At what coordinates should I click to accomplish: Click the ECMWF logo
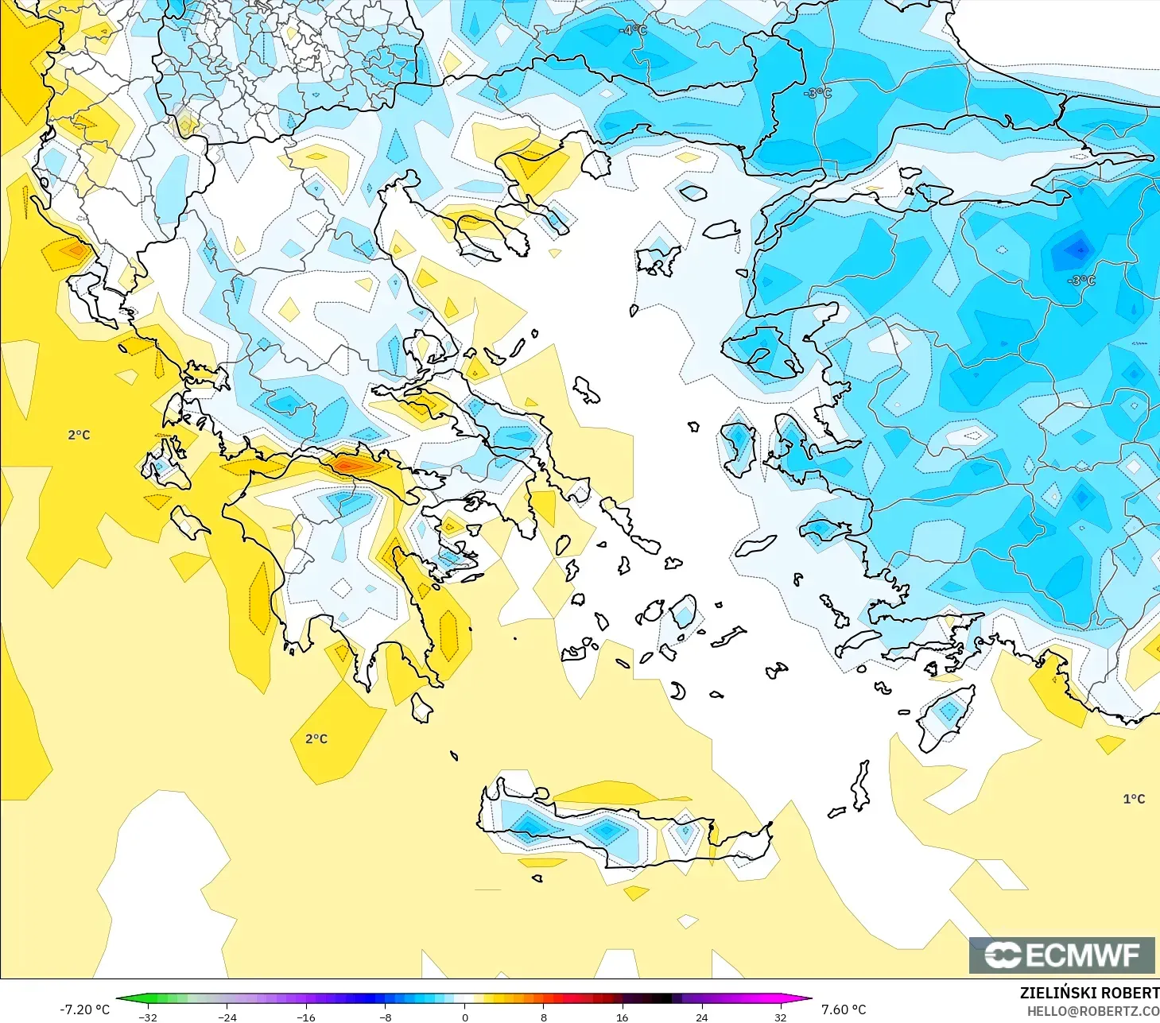point(1061,955)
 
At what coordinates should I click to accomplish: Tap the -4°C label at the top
point(633,30)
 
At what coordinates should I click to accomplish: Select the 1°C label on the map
point(1134,799)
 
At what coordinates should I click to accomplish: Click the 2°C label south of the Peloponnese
point(316,738)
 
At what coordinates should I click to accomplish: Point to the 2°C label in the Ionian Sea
point(79,435)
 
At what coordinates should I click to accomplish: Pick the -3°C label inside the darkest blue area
point(1081,281)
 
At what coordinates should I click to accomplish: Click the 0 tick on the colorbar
point(465,1017)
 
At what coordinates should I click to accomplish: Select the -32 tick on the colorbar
point(148,1017)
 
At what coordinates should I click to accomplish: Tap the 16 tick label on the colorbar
point(622,1017)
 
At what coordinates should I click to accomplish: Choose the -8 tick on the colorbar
point(386,1017)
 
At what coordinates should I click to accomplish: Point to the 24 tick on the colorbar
point(701,1017)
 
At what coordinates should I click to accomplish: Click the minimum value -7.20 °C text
point(85,1009)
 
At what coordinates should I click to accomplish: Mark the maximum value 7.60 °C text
point(844,1009)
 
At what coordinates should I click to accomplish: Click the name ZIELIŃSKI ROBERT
point(1089,993)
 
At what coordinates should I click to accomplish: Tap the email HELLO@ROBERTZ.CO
point(1092,1011)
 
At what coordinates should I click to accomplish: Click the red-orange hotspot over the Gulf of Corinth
point(347,463)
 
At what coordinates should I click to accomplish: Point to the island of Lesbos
point(762,352)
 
